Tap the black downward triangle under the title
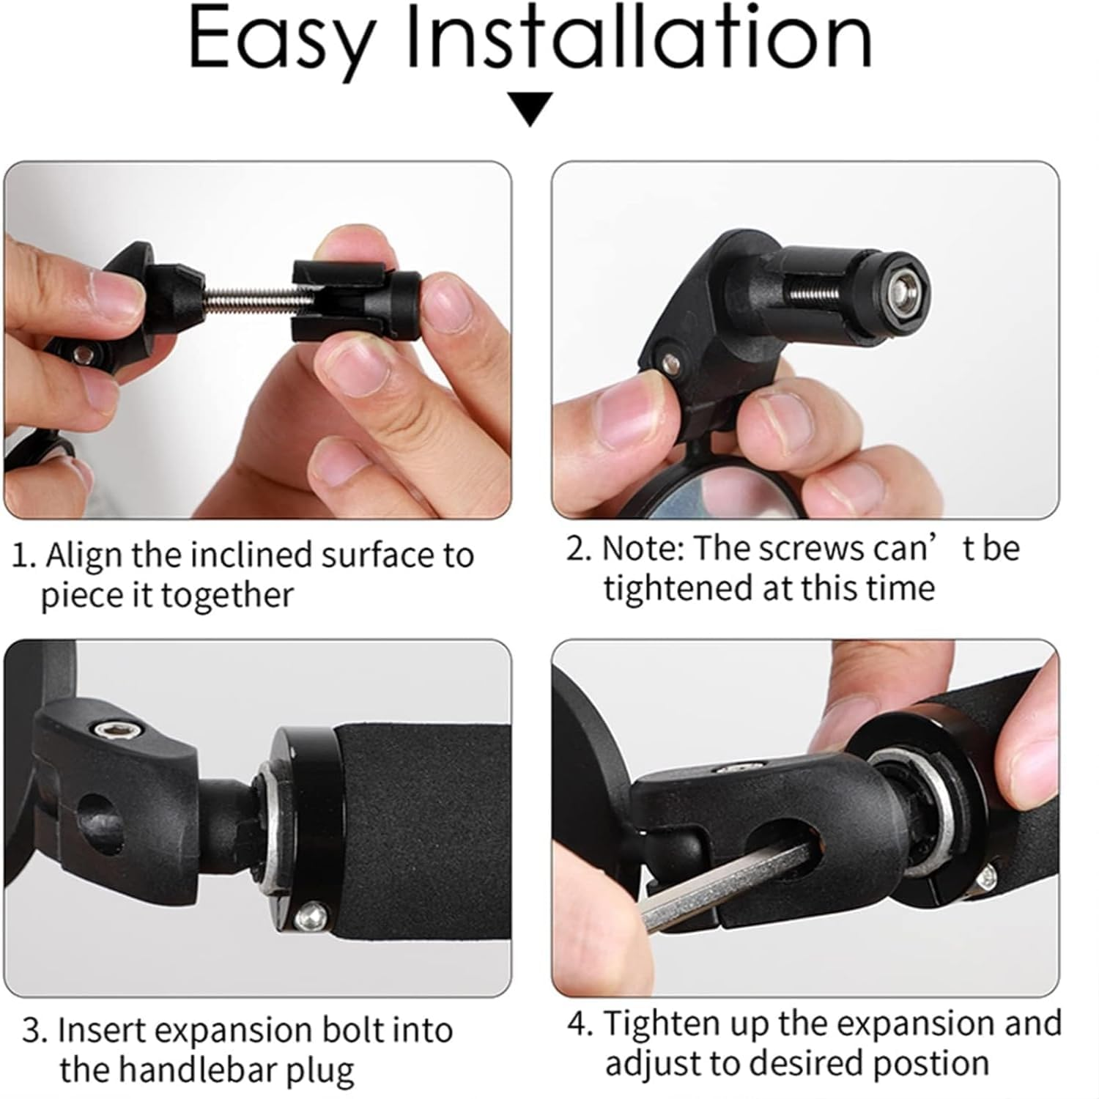[530, 109]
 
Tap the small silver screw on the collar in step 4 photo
[988, 874]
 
